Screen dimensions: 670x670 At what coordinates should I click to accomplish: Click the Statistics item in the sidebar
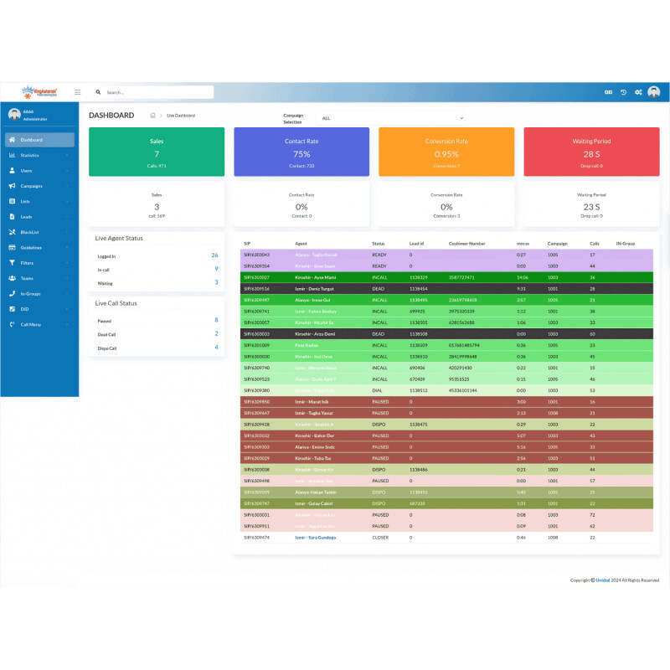pyautogui.click(x=30, y=155)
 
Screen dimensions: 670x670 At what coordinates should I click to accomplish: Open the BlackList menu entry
pyautogui.click(x=30, y=232)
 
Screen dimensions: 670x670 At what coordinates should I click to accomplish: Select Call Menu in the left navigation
pyautogui.click(x=31, y=324)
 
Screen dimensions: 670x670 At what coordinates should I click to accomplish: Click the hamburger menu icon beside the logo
pyautogui.click(x=78, y=92)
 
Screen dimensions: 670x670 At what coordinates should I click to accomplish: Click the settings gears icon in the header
pyautogui.click(x=638, y=92)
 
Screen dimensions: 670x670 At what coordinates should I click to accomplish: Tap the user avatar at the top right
pyautogui.click(x=654, y=92)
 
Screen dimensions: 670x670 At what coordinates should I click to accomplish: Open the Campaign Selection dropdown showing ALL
pyautogui.click(x=392, y=118)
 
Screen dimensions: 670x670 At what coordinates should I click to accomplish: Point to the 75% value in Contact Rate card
pyautogui.click(x=301, y=154)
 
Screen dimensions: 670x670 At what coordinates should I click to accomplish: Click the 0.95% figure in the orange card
pyautogui.click(x=446, y=154)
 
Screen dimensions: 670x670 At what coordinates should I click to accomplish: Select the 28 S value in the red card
pyautogui.click(x=591, y=154)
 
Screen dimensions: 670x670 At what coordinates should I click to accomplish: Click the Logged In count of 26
pyautogui.click(x=214, y=255)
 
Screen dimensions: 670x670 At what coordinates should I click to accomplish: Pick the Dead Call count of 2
pyautogui.click(x=216, y=333)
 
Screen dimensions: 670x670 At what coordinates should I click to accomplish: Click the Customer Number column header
pyautogui.click(x=466, y=244)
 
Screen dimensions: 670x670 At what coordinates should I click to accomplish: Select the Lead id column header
pyautogui.click(x=416, y=244)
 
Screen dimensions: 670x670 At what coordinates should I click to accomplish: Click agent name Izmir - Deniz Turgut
pyautogui.click(x=315, y=287)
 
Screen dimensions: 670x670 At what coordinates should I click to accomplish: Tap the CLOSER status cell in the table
pyautogui.click(x=380, y=537)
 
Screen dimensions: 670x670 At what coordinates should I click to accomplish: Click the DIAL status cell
pyautogui.click(x=379, y=390)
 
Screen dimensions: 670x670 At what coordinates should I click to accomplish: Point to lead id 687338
pyautogui.click(x=418, y=503)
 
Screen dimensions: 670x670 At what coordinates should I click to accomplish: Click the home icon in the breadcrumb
pyautogui.click(x=152, y=116)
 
